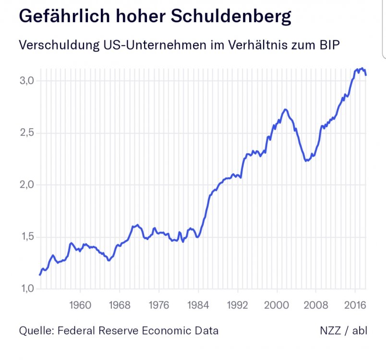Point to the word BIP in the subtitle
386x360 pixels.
tap(329, 46)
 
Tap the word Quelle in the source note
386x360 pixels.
tap(35, 331)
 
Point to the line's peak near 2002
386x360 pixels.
tap(286, 109)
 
